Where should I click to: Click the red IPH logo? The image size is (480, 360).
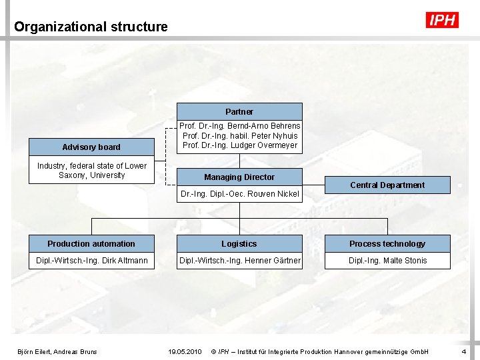tap(442, 21)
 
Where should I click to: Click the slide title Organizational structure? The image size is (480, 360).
tap(91, 27)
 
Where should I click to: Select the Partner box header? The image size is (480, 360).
tap(239, 111)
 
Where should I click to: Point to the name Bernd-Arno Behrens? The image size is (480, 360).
tap(264, 126)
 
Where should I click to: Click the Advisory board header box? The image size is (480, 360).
tap(91, 147)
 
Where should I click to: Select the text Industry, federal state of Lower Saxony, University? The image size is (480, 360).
tap(91, 171)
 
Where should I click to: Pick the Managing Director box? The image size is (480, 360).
tap(239, 177)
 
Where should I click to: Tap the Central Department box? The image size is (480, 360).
tap(387, 185)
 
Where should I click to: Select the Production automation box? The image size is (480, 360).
tap(91, 244)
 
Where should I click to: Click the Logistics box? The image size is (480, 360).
tap(239, 244)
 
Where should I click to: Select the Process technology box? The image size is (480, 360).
tap(387, 244)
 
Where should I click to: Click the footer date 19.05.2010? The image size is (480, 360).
tap(185, 351)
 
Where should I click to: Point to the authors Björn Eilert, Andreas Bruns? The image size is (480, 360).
tap(57, 351)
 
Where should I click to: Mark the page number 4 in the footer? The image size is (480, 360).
tap(463, 351)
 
